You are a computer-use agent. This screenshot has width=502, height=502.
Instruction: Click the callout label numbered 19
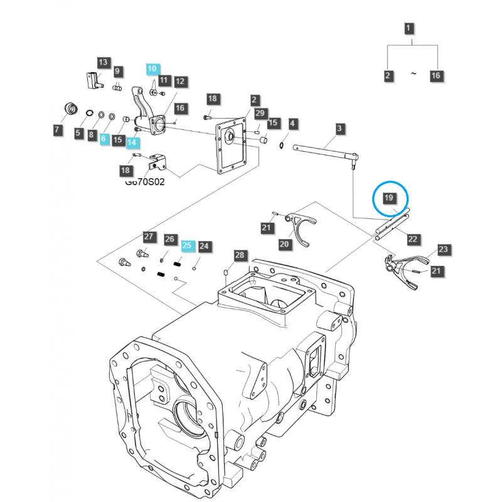[x=388, y=198]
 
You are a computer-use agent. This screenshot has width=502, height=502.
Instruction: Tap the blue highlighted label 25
[x=188, y=246]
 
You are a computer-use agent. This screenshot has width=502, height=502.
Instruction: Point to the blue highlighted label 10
[x=153, y=68]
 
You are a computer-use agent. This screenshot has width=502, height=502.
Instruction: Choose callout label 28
[x=239, y=255]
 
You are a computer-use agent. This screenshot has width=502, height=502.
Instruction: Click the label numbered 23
[x=444, y=250]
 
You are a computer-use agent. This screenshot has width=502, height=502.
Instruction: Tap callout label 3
[x=339, y=129]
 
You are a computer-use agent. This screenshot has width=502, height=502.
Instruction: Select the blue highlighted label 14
[x=132, y=142]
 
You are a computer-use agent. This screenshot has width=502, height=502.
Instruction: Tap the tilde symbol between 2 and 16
[x=413, y=74]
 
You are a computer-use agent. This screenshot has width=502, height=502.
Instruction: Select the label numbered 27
[x=148, y=237]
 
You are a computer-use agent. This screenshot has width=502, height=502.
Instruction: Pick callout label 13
[x=103, y=62]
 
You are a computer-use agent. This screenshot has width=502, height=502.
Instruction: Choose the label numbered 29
[x=260, y=112]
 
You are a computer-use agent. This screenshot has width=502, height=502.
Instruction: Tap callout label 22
[x=412, y=238]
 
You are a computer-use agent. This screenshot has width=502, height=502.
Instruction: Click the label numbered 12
[x=180, y=81]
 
